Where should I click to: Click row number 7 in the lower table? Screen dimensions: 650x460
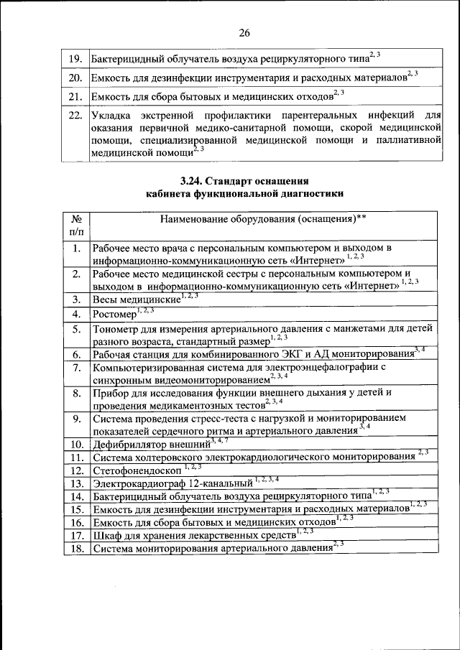pyautogui.click(x=76, y=368)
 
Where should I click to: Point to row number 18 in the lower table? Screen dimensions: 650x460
pyautogui.click(x=76, y=549)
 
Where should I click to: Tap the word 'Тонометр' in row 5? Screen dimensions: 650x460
pyautogui.click(x=116, y=328)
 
